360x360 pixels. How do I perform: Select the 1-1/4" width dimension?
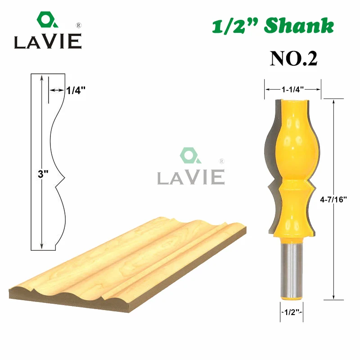coord(293,90)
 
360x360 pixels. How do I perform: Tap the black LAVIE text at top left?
coord(47,42)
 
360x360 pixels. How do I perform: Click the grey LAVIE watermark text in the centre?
coord(191,177)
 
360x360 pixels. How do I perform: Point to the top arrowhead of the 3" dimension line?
coord(41,78)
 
